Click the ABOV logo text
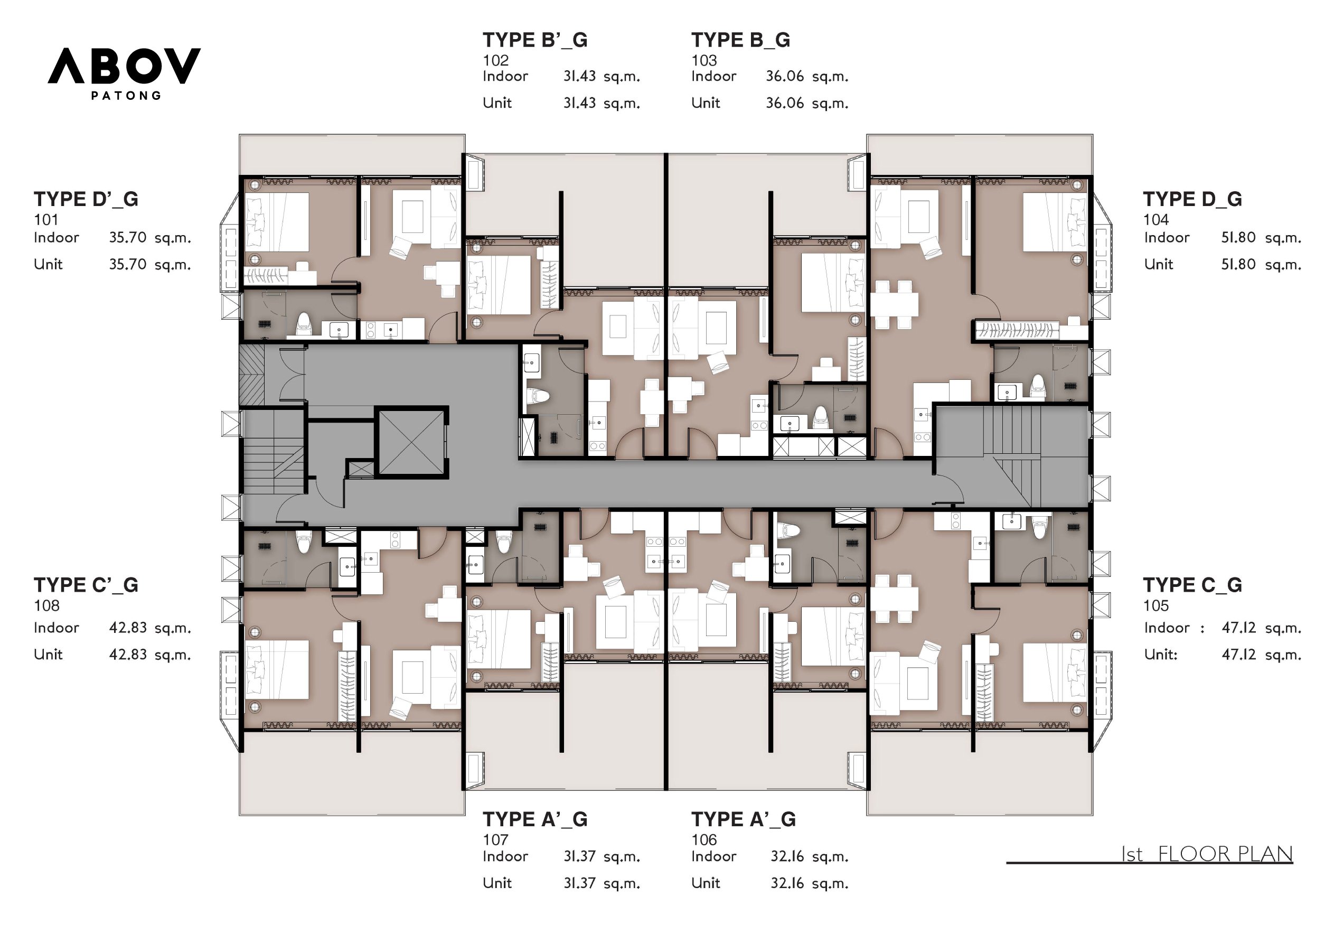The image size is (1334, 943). (x=124, y=66)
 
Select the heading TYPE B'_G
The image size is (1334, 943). (x=534, y=40)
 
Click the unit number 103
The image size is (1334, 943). (x=703, y=60)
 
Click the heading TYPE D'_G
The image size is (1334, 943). (x=86, y=199)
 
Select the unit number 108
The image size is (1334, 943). (x=46, y=606)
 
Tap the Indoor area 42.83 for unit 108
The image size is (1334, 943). (x=128, y=628)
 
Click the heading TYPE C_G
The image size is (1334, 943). (x=1192, y=585)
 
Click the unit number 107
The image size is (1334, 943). (x=495, y=840)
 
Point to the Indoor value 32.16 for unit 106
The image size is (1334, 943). (x=787, y=856)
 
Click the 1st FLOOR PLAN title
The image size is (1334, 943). (x=1207, y=854)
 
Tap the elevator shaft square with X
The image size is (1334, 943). (x=411, y=442)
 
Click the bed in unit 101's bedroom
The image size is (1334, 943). (x=277, y=222)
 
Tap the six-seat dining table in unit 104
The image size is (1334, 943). (x=894, y=305)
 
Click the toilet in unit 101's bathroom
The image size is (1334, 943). (x=304, y=324)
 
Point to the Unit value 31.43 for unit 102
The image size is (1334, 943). (x=579, y=104)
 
